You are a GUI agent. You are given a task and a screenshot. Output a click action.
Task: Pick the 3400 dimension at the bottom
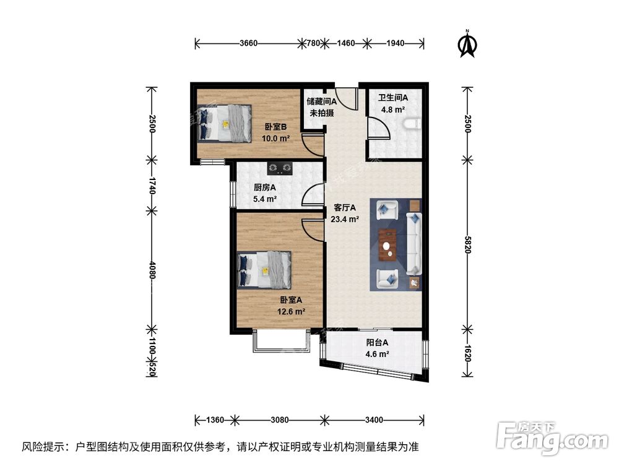coord(373,421)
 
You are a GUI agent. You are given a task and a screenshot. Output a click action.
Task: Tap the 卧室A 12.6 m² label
coord(290,305)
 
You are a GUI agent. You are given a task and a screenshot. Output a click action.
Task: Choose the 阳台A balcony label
coord(376,348)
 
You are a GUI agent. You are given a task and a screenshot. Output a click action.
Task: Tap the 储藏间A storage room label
coord(321,106)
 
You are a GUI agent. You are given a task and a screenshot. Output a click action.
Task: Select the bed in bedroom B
coord(226,124)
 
